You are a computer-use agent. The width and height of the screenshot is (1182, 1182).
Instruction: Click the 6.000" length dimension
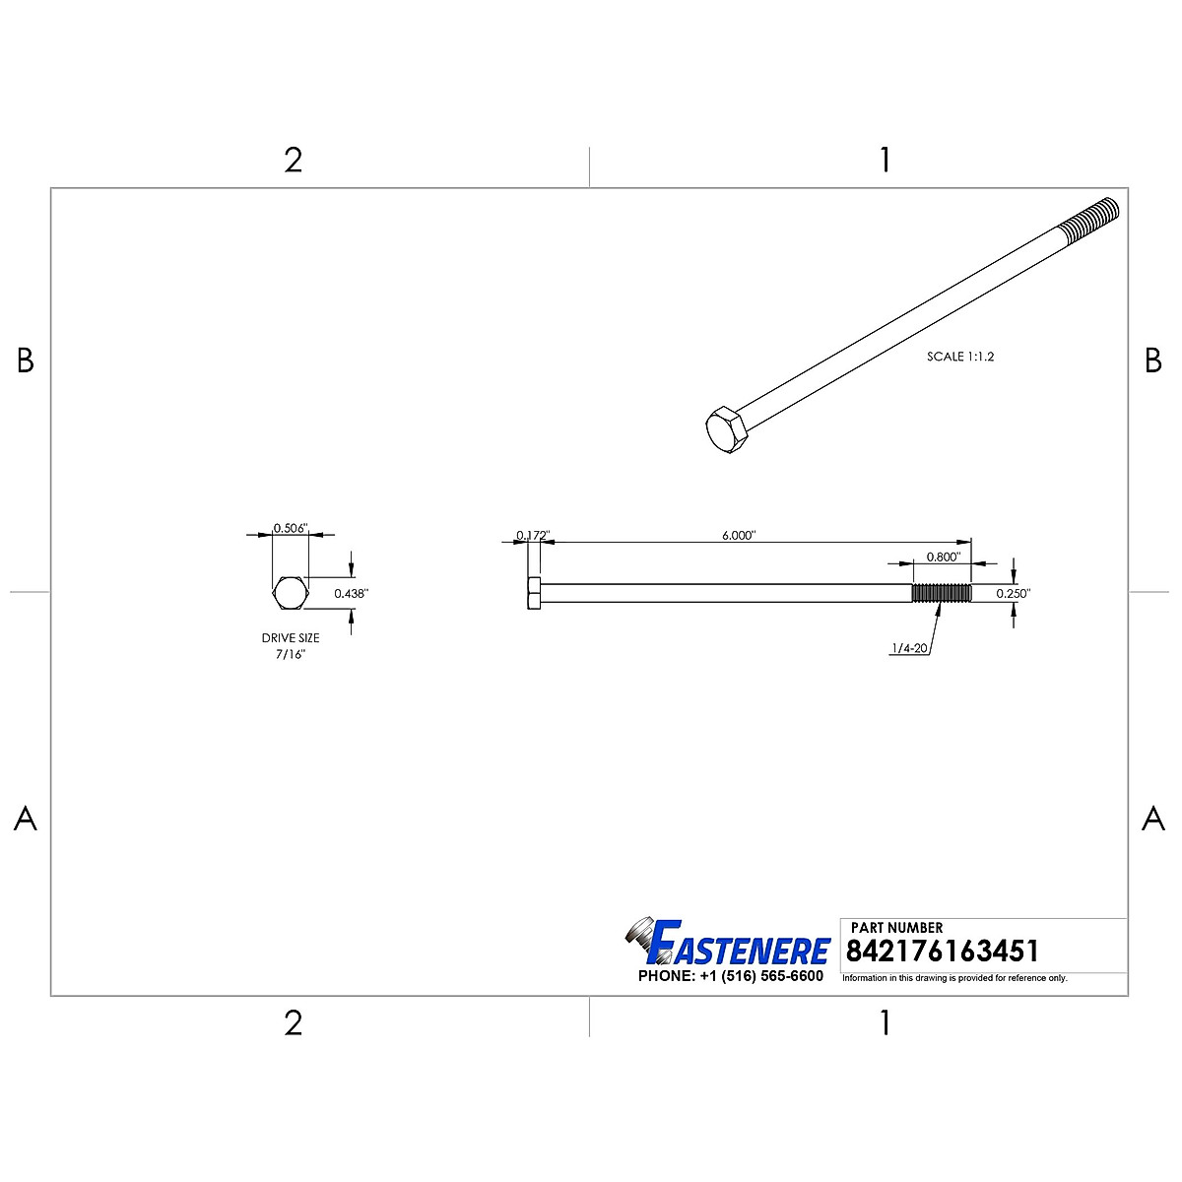point(738,535)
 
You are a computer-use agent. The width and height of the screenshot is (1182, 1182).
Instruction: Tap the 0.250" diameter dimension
point(1013,594)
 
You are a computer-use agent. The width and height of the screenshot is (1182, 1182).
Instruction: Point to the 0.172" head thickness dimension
point(533,536)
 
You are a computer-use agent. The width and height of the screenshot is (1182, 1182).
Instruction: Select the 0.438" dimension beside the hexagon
point(351,593)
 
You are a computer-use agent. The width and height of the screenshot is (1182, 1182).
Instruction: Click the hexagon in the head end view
point(291,593)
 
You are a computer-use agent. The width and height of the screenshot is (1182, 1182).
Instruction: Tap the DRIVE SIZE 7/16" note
point(291,646)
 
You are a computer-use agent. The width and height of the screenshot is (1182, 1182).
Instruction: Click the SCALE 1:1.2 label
point(960,357)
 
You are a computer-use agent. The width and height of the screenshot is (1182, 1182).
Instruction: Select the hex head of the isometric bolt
point(727,429)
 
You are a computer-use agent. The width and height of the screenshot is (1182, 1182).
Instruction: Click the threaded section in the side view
point(942,593)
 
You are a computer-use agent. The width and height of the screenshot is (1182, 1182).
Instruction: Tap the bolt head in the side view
point(534,593)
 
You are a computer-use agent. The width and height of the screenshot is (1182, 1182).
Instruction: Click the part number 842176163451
point(943,952)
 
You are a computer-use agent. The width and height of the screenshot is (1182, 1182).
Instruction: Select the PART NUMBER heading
point(896,927)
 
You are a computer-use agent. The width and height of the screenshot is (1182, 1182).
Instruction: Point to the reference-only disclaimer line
point(954,978)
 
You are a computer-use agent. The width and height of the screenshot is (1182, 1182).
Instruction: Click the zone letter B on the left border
point(26,361)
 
